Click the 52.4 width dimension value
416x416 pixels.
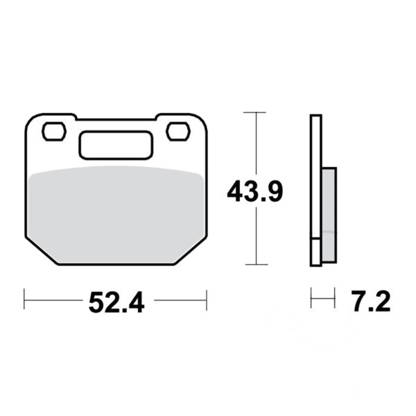coord(116,302)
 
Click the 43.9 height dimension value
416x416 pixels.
coord(254,191)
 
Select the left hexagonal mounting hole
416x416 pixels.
coord(53,131)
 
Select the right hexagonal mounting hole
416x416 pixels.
coord(177,130)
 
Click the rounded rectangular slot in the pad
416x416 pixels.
coord(116,146)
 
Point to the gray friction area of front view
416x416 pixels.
coord(116,211)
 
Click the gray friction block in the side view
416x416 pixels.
coord(329,214)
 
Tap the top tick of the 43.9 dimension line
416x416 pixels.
coord(256,112)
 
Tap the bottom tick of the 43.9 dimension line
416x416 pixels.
coord(256,264)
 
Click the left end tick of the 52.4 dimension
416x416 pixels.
coord(25,301)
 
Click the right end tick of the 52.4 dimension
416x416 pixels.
coord(207,301)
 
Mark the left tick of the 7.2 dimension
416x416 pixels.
coord(311,301)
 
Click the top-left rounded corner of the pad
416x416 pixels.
coord(31,121)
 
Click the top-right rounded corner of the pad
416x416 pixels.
coord(202,121)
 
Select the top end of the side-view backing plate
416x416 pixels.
coord(315,116)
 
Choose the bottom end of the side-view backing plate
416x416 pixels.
coord(315,263)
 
